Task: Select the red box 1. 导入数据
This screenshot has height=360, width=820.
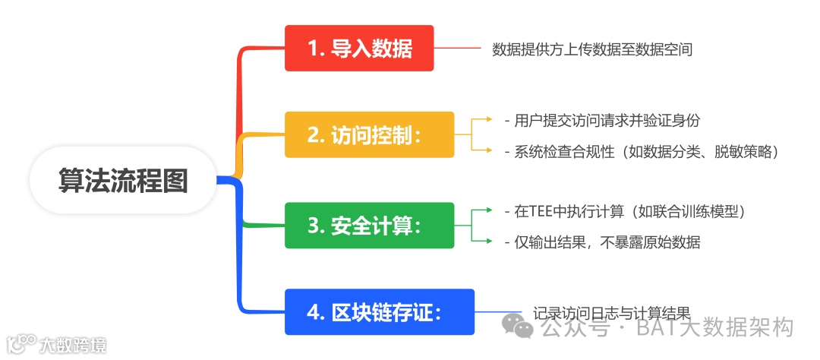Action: coord(359,49)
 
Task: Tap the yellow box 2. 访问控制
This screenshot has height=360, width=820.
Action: coord(369,134)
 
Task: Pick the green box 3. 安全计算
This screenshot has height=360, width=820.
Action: coord(369,226)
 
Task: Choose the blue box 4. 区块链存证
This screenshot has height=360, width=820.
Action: coord(379,312)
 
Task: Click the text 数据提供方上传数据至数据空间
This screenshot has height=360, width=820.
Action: coord(592,49)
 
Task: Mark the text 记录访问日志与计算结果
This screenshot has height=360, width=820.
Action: coord(611,312)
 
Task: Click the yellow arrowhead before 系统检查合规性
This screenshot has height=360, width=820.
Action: coord(489,150)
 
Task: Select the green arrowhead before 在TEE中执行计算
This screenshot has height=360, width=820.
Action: coord(489,210)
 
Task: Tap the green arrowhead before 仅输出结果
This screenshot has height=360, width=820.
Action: coord(489,242)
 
